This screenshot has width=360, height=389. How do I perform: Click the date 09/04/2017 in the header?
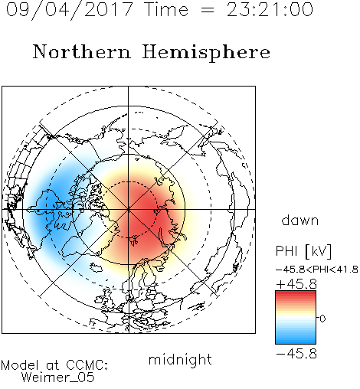[x=69, y=10]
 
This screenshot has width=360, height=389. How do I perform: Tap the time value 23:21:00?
[x=270, y=9]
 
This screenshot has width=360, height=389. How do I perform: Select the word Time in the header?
[x=166, y=9]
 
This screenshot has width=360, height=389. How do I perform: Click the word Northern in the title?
[x=82, y=51]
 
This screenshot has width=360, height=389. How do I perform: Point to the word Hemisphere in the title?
[x=206, y=53]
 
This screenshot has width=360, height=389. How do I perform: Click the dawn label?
[x=300, y=220]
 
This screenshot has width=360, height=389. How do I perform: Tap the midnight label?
[x=180, y=359]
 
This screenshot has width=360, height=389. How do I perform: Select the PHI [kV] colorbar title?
[x=303, y=251]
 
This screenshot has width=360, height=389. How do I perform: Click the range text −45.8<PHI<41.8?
[x=317, y=270]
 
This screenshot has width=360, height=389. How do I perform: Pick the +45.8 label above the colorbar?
[x=296, y=284]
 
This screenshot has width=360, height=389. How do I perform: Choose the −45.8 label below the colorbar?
[x=296, y=354]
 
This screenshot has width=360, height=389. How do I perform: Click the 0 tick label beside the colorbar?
[x=322, y=319]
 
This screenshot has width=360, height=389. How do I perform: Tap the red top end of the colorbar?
[x=296, y=293]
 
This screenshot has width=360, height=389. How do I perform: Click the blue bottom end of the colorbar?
[x=296, y=342]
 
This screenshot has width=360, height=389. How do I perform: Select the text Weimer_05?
[x=57, y=378]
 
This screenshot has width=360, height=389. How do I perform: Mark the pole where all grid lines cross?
[x=129, y=209]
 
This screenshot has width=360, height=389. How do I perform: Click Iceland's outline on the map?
[x=96, y=268]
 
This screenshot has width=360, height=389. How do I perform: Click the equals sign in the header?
[x=208, y=11]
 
